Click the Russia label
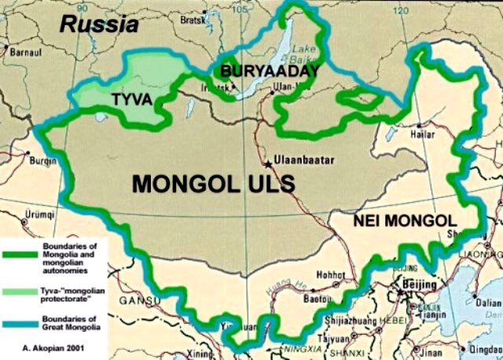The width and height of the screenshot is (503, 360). (99, 24)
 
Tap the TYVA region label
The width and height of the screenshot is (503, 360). (130, 100)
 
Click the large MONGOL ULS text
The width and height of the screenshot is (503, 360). (213, 184)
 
